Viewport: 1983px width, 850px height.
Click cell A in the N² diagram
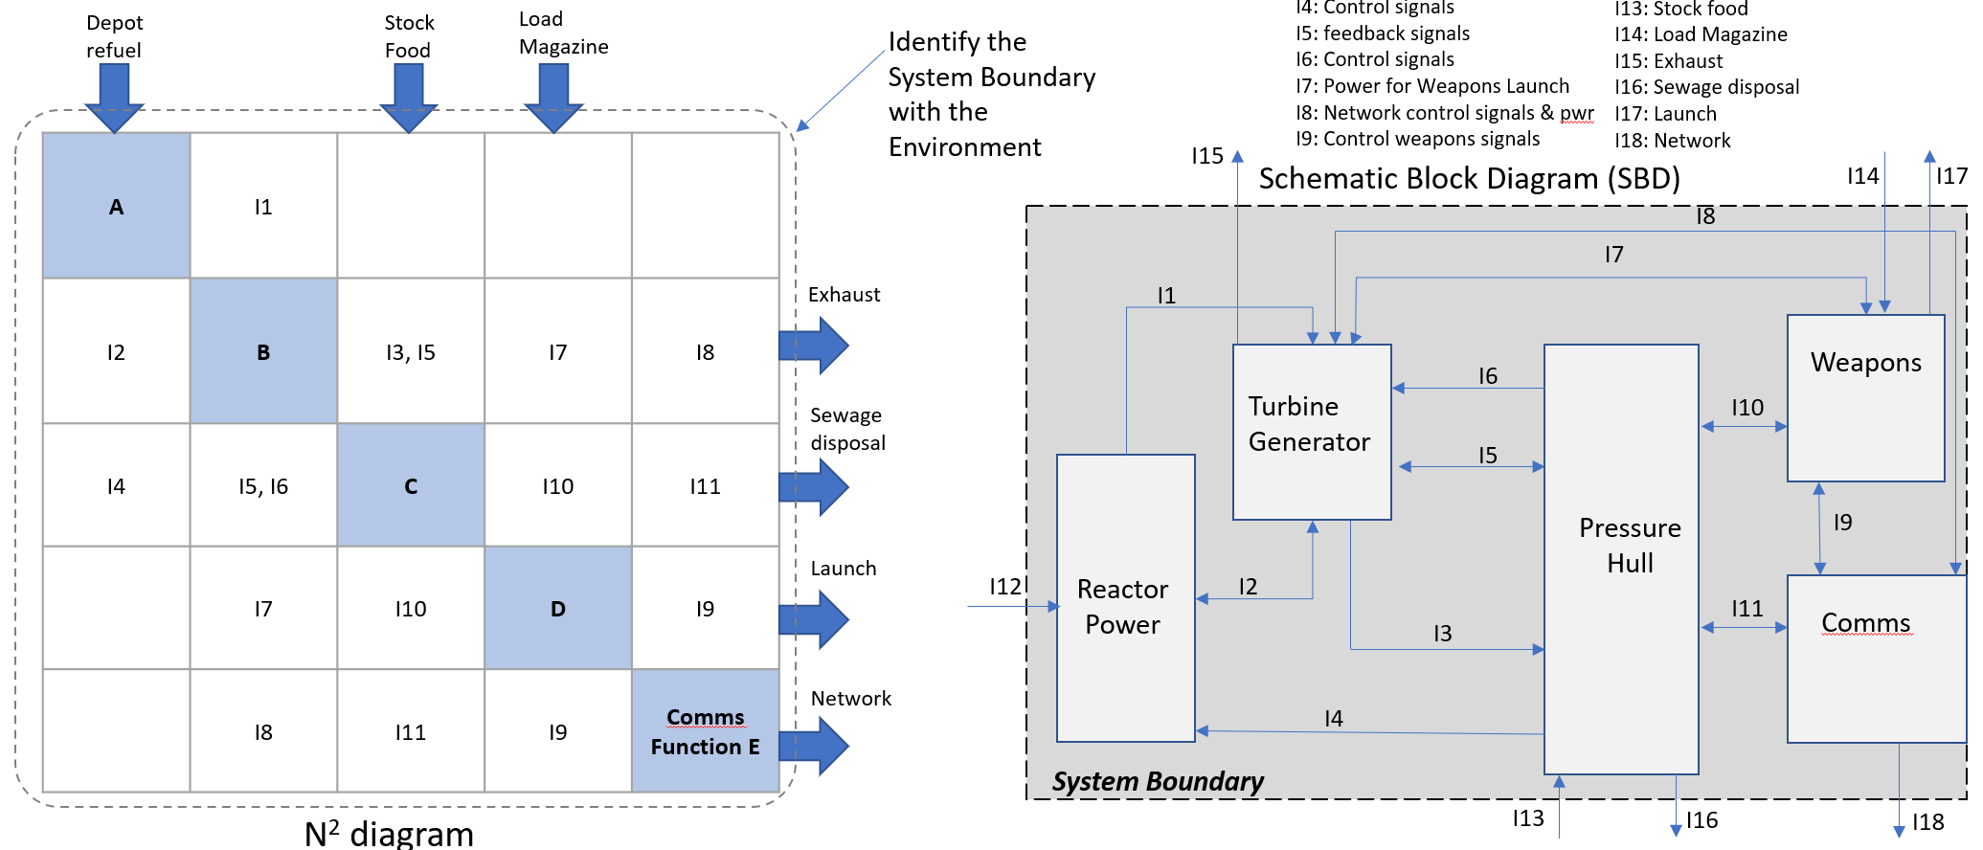point(116,206)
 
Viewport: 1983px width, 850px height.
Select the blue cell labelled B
point(263,351)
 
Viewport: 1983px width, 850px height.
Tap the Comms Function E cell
point(705,731)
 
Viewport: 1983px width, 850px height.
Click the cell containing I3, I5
point(411,351)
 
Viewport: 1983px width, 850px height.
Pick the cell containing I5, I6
point(263,486)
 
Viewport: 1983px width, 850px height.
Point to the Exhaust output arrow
point(814,345)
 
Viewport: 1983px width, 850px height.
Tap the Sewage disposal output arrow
point(814,486)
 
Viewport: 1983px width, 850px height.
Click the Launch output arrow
point(814,618)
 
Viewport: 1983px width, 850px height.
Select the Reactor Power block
point(1125,598)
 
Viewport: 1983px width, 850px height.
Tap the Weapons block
point(1865,397)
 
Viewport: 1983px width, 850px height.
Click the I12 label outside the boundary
point(1004,586)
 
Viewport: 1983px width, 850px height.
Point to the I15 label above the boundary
point(1206,155)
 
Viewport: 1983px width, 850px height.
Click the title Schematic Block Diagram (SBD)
point(1469,179)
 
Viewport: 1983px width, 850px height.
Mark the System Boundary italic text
point(1158,782)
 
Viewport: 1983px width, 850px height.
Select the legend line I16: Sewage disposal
point(1706,87)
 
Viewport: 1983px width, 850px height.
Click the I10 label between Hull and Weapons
point(1746,408)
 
